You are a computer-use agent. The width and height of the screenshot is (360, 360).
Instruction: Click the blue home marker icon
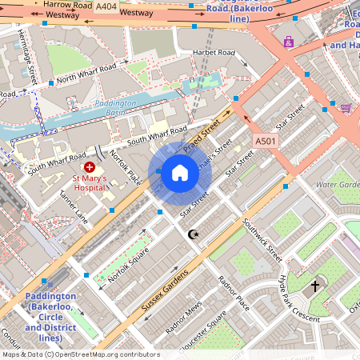point(180,172)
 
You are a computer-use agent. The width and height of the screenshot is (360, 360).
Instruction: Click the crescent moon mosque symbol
point(192,234)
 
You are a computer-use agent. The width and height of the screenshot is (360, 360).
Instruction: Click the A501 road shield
point(266,141)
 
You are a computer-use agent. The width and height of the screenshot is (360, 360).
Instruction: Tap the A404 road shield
point(105,6)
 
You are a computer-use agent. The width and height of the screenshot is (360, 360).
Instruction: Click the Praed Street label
point(202,136)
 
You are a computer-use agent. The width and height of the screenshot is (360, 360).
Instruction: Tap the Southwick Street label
point(263,241)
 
